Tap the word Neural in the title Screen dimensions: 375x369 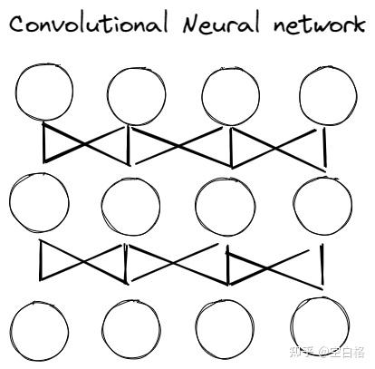[x=221, y=23]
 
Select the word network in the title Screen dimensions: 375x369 [x=320, y=23]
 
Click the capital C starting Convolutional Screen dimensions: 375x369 [x=18, y=24]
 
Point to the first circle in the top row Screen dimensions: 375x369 [x=15, y=91]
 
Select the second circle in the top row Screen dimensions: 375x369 [x=107, y=96]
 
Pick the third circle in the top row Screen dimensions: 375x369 [x=202, y=96]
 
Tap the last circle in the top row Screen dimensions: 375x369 [x=300, y=95]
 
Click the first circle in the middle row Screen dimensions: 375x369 [x=10, y=202]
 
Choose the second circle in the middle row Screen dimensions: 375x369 [x=102, y=207]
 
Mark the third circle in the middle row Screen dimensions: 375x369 [x=196, y=207]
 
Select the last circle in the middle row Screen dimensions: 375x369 [x=293, y=206]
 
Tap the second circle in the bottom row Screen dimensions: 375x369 [x=102, y=329]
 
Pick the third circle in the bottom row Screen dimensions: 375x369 [x=197, y=329]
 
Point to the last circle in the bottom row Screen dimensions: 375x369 [x=292, y=326]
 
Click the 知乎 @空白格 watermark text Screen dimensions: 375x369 [x=327, y=353]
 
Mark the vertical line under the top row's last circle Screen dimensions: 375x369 [x=324, y=148]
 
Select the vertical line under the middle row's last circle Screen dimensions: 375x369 [x=322, y=264]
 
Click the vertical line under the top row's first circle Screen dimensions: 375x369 [x=44, y=142]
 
